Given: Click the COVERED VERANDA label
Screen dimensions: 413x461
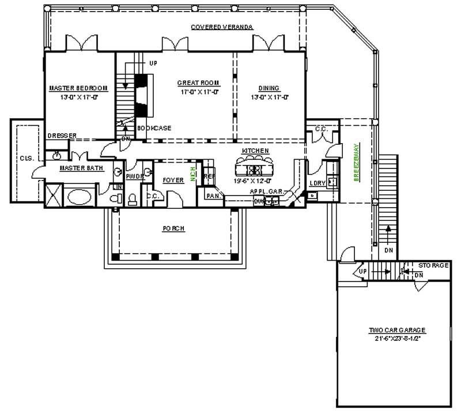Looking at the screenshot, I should pyautogui.click(x=222, y=27).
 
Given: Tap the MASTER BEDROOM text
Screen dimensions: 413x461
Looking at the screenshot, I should pyautogui.click(x=78, y=88).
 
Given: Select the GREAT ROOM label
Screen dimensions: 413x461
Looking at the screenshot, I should pyautogui.click(x=198, y=83).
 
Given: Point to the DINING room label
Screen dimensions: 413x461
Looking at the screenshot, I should pyautogui.click(x=269, y=88).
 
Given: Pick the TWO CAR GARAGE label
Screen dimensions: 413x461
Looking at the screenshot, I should pyautogui.click(x=397, y=331).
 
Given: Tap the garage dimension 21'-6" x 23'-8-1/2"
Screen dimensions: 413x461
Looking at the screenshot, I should pyautogui.click(x=397, y=339).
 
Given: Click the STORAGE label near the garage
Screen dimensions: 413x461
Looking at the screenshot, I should pyautogui.click(x=433, y=266).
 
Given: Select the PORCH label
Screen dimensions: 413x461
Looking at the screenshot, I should pyautogui.click(x=173, y=228).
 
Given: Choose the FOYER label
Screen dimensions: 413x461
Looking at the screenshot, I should pyautogui.click(x=173, y=181).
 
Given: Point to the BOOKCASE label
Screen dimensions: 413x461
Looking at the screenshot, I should pyautogui.click(x=154, y=128).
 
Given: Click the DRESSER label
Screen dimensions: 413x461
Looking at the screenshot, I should pyautogui.click(x=62, y=136).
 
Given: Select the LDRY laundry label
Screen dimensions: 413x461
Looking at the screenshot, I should pyautogui.click(x=317, y=183).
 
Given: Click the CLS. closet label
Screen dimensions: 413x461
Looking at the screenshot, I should pyautogui.click(x=25, y=158).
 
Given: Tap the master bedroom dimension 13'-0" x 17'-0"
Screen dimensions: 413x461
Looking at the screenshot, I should pyautogui.click(x=78, y=97).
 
